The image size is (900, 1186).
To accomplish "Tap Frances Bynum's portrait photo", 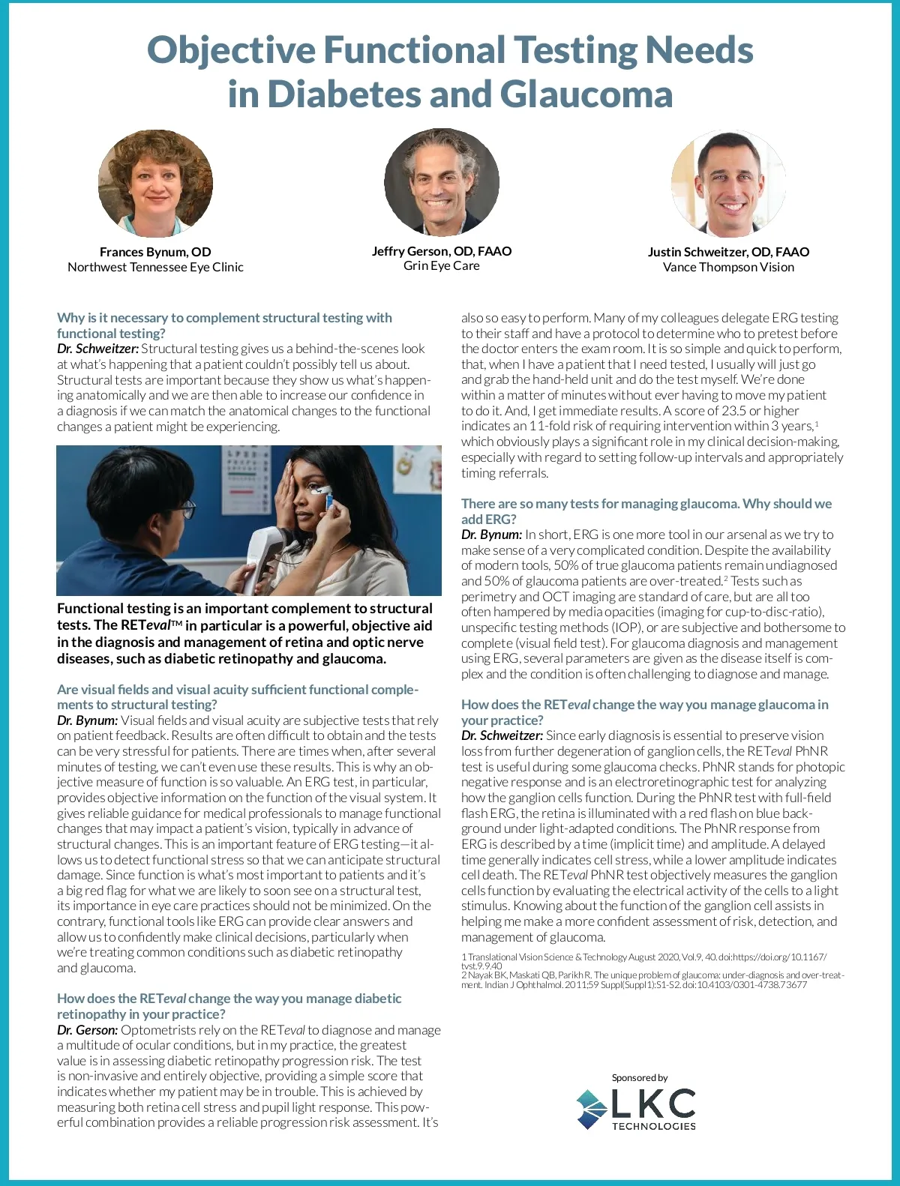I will click(x=155, y=184).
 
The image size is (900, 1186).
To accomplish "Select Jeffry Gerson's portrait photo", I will click(x=441, y=182).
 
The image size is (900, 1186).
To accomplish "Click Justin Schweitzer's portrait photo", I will click(x=728, y=184).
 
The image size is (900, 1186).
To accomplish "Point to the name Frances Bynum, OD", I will click(x=155, y=252).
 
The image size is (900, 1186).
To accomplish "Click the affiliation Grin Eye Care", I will click(x=441, y=265).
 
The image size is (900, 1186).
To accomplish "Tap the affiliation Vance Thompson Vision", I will click(x=728, y=267).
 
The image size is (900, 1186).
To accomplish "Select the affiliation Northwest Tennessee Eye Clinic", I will click(x=155, y=267).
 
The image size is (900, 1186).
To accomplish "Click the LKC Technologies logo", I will click(x=636, y=1109).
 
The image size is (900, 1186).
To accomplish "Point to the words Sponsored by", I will click(x=640, y=1077).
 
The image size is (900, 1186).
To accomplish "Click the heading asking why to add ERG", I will click(x=646, y=511).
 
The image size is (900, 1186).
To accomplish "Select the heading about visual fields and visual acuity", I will click(x=238, y=696).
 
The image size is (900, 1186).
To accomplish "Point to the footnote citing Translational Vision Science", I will click(x=643, y=960).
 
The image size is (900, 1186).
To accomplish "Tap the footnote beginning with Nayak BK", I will click(x=652, y=980).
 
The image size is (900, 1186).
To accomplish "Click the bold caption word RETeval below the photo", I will click(x=146, y=625).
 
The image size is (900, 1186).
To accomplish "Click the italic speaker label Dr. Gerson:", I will click(x=87, y=1030).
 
